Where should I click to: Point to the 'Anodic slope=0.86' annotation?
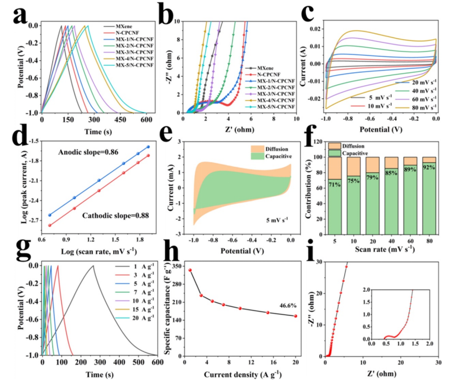tap(89, 154)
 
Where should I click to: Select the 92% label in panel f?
tap(429, 166)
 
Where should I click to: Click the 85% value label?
tap(390, 173)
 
